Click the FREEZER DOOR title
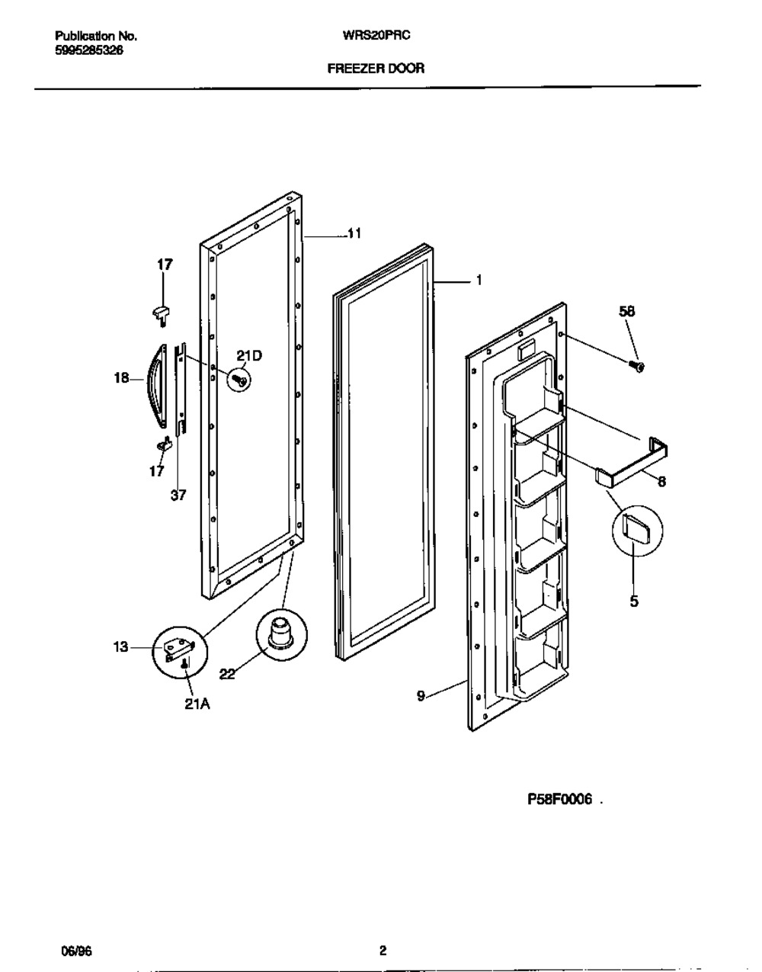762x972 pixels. pos(376,68)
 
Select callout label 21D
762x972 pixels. pos(248,354)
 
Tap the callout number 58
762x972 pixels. pos(626,311)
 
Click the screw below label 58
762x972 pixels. pos(639,367)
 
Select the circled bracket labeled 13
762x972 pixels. pos(181,650)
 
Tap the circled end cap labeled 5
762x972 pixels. pos(636,528)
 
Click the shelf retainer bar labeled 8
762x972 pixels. pos(632,465)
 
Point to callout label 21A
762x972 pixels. pos(197,704)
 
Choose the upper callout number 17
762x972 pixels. pos(165,265)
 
